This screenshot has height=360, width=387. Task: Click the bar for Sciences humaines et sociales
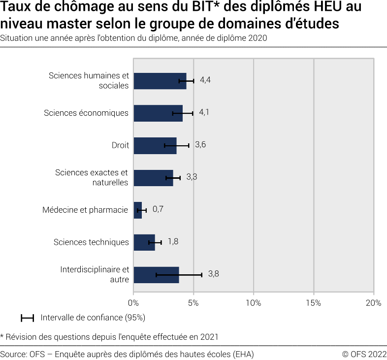158,81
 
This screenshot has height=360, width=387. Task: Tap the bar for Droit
155,145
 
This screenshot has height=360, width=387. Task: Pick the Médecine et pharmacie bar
138,210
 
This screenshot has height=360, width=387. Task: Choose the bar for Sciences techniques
144,242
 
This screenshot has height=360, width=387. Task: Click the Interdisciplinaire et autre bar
156,275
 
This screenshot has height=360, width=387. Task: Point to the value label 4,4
205,80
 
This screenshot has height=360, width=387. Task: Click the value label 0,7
158,209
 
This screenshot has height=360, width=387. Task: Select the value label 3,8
213,274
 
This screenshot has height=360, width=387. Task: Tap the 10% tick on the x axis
254,303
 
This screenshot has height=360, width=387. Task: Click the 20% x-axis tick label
373,303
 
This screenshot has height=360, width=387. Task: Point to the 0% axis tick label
134,303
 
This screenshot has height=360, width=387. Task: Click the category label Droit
120,145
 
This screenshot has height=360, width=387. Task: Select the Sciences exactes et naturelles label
92,177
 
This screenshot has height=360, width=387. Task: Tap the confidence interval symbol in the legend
27,318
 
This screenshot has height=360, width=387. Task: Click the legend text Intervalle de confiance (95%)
93,318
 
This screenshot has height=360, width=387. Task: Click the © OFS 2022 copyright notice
364,354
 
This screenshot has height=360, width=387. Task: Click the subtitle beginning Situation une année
133,38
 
